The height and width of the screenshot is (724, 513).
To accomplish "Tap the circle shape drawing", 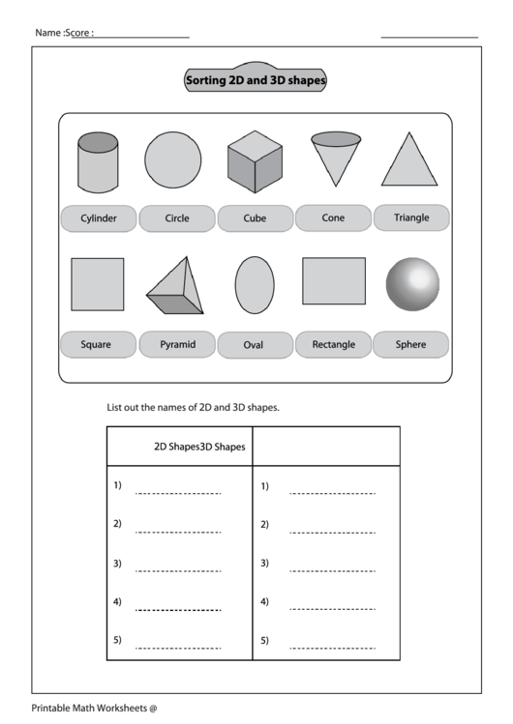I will [173, 159].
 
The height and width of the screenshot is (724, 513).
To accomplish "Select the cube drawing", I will [255, 160].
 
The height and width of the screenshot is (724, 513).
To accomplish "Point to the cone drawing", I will [335, 158].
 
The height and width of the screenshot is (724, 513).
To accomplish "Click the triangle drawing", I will [409, 160].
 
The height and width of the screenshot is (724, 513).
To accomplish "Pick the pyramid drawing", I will [177, 288].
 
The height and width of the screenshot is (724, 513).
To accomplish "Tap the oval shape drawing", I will [255, 285].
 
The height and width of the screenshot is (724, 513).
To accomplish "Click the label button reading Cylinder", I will [99, 218].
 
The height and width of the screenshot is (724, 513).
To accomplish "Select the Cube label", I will [255, 218].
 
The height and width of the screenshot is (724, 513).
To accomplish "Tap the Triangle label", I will [411, 217].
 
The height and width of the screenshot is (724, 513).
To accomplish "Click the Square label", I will [96, 344].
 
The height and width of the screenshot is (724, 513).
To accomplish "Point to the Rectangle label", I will [333, 344].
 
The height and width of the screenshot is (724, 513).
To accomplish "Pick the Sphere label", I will [411, 344].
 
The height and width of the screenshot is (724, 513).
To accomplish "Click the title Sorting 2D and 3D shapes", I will [256, 81].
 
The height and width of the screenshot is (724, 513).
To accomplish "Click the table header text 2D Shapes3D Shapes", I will [199, 447].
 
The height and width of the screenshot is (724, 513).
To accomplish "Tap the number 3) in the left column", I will [117, 563].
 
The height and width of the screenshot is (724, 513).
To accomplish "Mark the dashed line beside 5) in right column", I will [331, 647].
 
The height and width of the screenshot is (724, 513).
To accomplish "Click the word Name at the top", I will [47, 33].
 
